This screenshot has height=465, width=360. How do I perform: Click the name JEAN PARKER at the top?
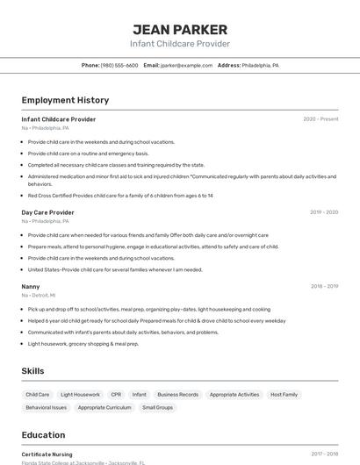(180, 29)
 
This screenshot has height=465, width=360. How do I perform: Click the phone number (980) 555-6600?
(119, 66)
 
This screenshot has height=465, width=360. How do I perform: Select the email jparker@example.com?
(185, 66)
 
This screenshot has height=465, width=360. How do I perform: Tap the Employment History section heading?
(65, 101)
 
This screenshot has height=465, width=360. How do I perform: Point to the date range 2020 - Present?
(320, 119)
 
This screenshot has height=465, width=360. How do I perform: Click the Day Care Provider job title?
(48, 212)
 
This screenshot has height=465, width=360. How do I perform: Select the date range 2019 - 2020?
(324, 212)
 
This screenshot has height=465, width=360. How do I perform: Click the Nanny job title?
(31, 286)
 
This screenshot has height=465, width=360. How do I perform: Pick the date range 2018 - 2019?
(324, 286)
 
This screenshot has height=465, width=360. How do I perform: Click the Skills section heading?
(33, 371)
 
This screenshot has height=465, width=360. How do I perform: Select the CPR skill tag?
(116, 395)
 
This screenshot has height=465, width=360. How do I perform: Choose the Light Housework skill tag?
(81, 395)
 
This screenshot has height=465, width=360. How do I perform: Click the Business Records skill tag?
(177, 395)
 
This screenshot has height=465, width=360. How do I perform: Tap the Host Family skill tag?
(284, 395)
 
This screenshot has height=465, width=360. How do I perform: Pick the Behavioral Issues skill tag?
(46, 408)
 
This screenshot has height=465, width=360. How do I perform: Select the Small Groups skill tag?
(157, 408)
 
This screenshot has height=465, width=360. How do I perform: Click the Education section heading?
(43, 435)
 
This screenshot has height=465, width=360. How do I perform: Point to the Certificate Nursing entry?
(47, 454)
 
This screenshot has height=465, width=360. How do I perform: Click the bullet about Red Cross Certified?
(120, 196)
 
